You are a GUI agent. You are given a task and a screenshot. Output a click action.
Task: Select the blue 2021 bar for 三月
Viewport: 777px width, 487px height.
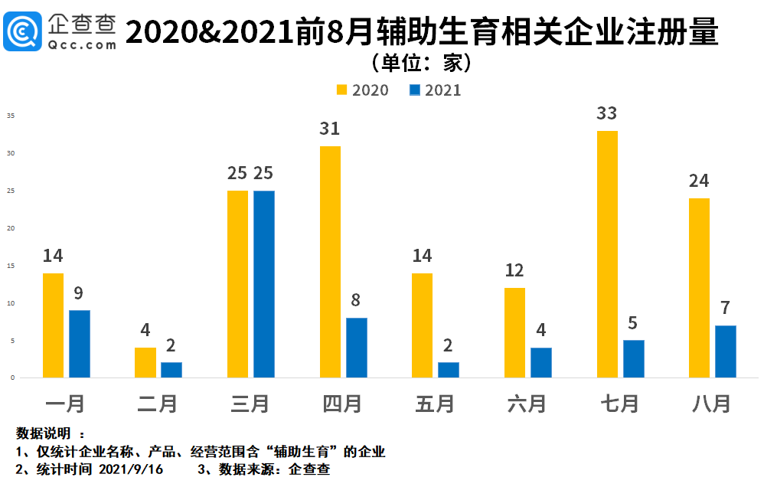tap(264, 284)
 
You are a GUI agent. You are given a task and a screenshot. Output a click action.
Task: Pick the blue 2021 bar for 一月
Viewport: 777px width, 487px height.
tap(80, 344)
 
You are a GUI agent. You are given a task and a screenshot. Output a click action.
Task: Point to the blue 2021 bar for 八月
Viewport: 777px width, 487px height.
tap(726, 351)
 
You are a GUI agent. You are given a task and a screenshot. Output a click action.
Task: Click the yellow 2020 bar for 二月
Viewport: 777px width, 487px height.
tap(145, 363)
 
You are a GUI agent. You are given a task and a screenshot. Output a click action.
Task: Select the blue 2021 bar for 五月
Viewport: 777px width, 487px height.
tap(449, 370)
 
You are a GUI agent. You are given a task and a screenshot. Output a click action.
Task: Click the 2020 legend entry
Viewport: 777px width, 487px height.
tap(363, 90)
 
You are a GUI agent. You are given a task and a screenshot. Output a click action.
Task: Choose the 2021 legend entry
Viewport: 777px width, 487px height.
tap(436, 90)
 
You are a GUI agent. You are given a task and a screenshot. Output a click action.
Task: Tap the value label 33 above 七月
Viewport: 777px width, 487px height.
tap(607, 113)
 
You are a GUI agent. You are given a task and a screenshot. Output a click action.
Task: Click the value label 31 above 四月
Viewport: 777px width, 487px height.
tap(330, 129)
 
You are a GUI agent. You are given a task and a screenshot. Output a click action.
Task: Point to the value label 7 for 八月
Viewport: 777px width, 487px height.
tap(726, 308)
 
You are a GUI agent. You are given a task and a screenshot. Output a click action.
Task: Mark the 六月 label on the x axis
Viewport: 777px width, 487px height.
tap(527, 404)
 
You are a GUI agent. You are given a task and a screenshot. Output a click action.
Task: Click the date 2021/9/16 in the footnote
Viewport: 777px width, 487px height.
tap(132, 469)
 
